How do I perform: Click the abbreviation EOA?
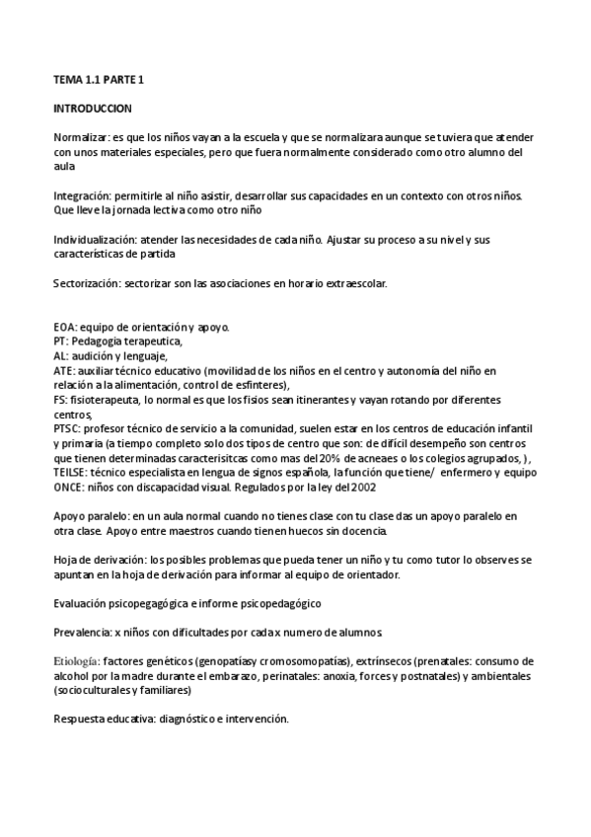[x=65, y=327]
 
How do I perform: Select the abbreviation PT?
[x=59, y=342]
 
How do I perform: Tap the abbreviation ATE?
[x=64, y=371]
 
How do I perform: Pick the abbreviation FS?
[x=59, y=400]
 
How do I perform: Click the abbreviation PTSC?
[x=67, y=429]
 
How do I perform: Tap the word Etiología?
[x=76, y=660]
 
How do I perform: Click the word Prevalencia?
[x=81, y=631]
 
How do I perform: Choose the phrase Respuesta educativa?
[x=104, y=719]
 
